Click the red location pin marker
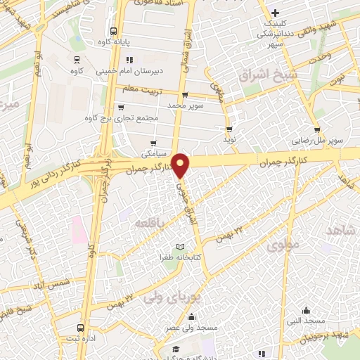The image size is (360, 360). [x=181, y=165]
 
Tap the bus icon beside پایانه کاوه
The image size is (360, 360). [x=114, y=30]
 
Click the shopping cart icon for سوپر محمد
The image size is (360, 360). [x=184, y=94]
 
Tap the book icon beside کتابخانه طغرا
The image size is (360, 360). [x=182, y=247]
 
